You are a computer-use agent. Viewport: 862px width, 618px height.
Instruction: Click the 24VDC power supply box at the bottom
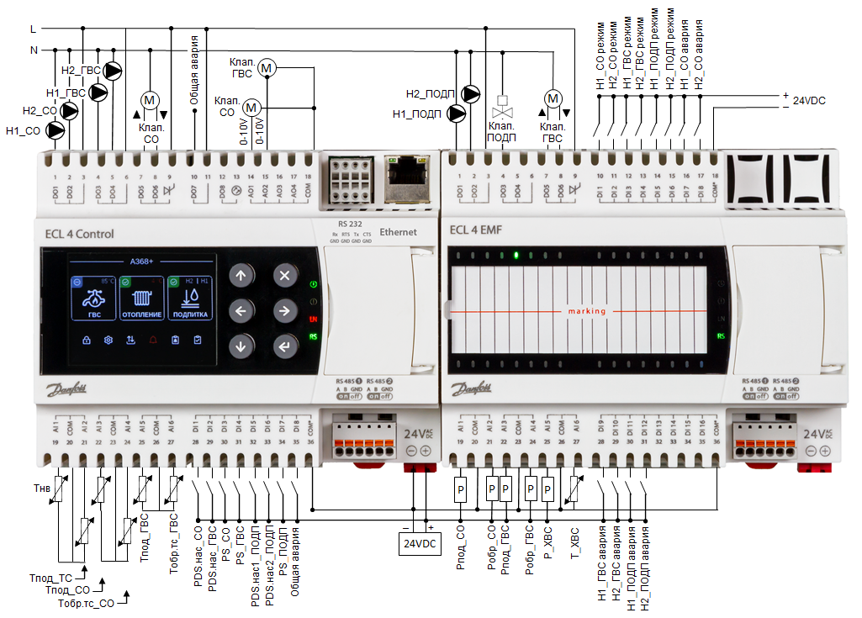(x=420, y=544)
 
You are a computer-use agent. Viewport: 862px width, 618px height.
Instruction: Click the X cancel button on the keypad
(x=284, y=276)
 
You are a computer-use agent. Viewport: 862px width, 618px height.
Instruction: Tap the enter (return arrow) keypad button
(x=284, y=346)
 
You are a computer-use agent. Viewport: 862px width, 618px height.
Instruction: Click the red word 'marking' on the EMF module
(x=586, y=311)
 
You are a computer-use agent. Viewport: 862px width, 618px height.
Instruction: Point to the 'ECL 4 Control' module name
(x=73, y=234)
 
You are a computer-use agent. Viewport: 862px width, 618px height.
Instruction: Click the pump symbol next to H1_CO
(x=56, y=130)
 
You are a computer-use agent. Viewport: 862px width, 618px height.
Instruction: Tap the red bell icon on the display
(x=152, y=341)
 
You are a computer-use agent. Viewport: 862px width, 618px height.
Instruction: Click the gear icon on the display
(x=108, y=341)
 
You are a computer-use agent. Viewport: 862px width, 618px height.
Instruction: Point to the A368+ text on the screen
(x=141, y=261)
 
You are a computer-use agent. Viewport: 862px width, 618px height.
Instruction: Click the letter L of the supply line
(x=33, y=29)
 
